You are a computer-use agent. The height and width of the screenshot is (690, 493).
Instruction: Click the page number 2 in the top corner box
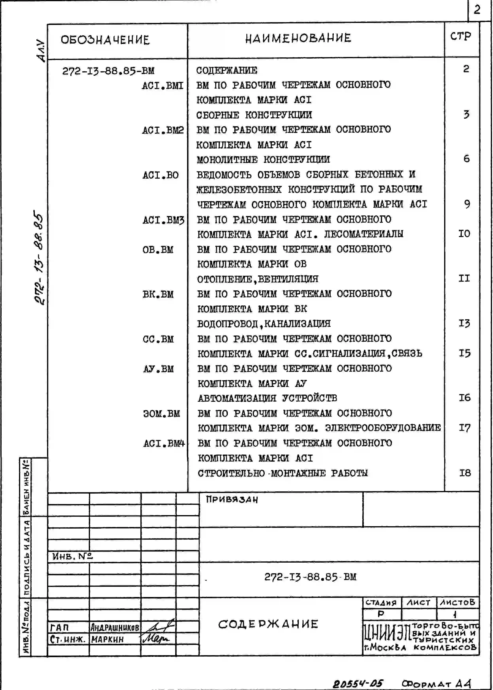coord(477,10)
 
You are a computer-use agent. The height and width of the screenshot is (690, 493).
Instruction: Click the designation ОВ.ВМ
coord(158,250)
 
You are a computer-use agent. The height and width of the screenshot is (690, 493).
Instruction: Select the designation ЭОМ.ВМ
coord(162,414)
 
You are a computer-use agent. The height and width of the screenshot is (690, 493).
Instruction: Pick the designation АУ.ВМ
coord(158,369)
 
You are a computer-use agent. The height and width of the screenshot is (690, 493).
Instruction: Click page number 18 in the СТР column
coord(465,473)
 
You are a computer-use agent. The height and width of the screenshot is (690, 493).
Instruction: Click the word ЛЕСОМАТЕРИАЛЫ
coord(364,234)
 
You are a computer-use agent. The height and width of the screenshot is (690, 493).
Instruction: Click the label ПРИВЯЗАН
coord(232,499)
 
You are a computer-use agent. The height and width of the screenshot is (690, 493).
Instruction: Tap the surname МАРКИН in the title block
coord(107,639)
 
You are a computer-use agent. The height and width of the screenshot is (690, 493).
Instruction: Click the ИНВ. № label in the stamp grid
coord(72,556)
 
